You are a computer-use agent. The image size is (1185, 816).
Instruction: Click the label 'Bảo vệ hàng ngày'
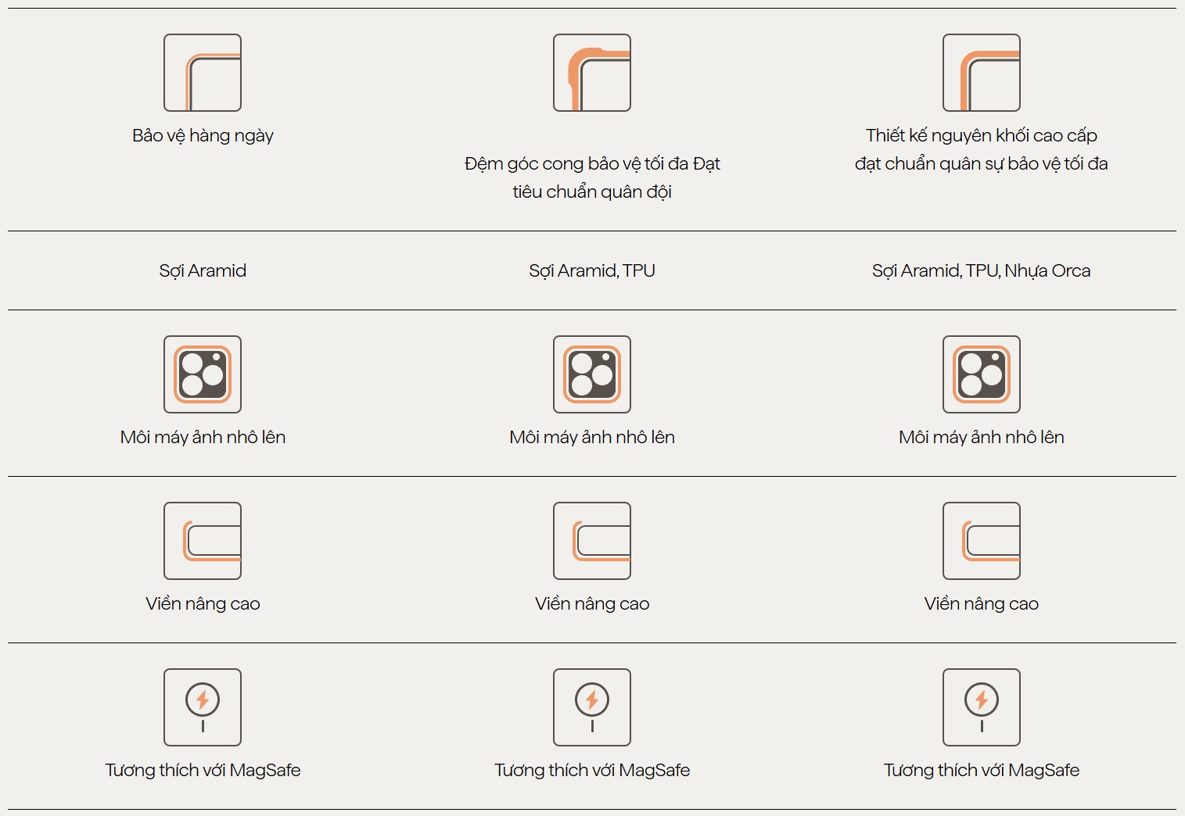pyautogui.click(x=203, y=136)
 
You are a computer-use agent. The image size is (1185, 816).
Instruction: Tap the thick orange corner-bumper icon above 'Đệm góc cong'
pyautogui.click(x=592, y=73)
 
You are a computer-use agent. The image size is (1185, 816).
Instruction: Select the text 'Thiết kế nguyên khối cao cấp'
pyautogui.click(x=982, y=136)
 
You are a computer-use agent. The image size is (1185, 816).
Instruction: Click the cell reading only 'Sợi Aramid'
pyautogui.click(x=203, y=270)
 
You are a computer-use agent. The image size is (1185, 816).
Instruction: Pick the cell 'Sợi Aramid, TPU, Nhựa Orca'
pyautogui.click(x=982, y=270)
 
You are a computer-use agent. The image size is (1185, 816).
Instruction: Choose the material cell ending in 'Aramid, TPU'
pyautogui.click(x=592, y=270)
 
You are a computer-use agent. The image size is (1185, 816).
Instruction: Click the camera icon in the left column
pyautogui.click(x=203, y=374)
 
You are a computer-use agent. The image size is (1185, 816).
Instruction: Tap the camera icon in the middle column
pyautogui.click(x=592, y=374)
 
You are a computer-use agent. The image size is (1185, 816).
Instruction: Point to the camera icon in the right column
pyautogui.click(x=982, y=374)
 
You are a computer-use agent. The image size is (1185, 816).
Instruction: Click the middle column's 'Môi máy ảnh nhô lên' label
pyautogui.click(x=592, y=437)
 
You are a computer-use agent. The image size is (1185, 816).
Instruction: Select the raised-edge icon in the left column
pyautogui.click(x=203, y=541)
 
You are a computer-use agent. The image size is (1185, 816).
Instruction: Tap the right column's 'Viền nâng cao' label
pyautogui.click(x=982, y=603)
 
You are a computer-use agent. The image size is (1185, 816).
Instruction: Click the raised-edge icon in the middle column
pyautogui.click(x=592, y=541)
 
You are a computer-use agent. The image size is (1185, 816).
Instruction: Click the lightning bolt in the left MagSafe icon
pyautogui.click(x=203, y=700)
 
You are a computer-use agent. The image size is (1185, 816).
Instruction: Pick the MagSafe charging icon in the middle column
pyautogui.click(x=592, y=707)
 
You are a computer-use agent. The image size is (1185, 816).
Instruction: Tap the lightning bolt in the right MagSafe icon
pyautogui.click(x=982, y=700)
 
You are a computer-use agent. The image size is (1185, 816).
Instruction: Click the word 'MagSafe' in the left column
pyautogui.click(x=265, y=770)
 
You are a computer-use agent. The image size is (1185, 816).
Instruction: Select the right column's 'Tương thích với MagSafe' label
pyautogui.click(x=982, y=770)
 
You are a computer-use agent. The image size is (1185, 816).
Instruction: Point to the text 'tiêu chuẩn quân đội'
pyautogui.click(x=592, y=191)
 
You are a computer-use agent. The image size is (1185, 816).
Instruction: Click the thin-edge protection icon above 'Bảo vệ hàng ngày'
pyautogui.click(x=203, y=73)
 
